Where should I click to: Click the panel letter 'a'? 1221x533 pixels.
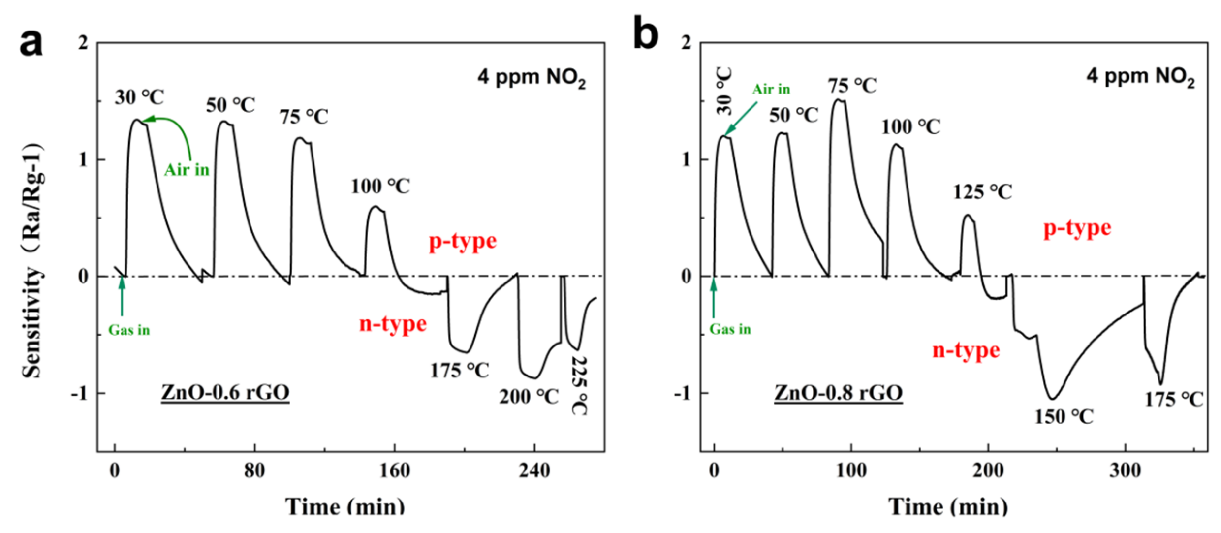(x=31, y=43)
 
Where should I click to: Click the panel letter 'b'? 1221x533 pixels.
(x=645, y=33)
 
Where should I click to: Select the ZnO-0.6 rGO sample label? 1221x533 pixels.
(x=225, y=393)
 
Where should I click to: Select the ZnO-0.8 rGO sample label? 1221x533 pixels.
(x=838, y=393)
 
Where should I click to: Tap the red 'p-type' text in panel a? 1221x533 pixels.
(x=463, y=241)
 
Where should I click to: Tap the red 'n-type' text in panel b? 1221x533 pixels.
(x=966, y=350)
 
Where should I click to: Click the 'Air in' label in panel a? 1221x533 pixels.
(x=187, y=170)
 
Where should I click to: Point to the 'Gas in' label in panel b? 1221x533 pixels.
(x=730, y=329)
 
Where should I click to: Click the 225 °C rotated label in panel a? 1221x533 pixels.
(x=580, y=385)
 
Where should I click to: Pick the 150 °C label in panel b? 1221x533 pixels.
(x=1064, y=417)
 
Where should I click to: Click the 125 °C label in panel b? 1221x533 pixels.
(x=982, y=192)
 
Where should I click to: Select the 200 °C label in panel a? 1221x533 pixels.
(x=529, y=397)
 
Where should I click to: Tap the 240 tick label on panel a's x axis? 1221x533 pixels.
(x=534, y=471)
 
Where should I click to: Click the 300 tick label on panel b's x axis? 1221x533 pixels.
(x=1125, y=471)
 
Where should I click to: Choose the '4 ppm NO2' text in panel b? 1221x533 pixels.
(x=1140, y=77)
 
